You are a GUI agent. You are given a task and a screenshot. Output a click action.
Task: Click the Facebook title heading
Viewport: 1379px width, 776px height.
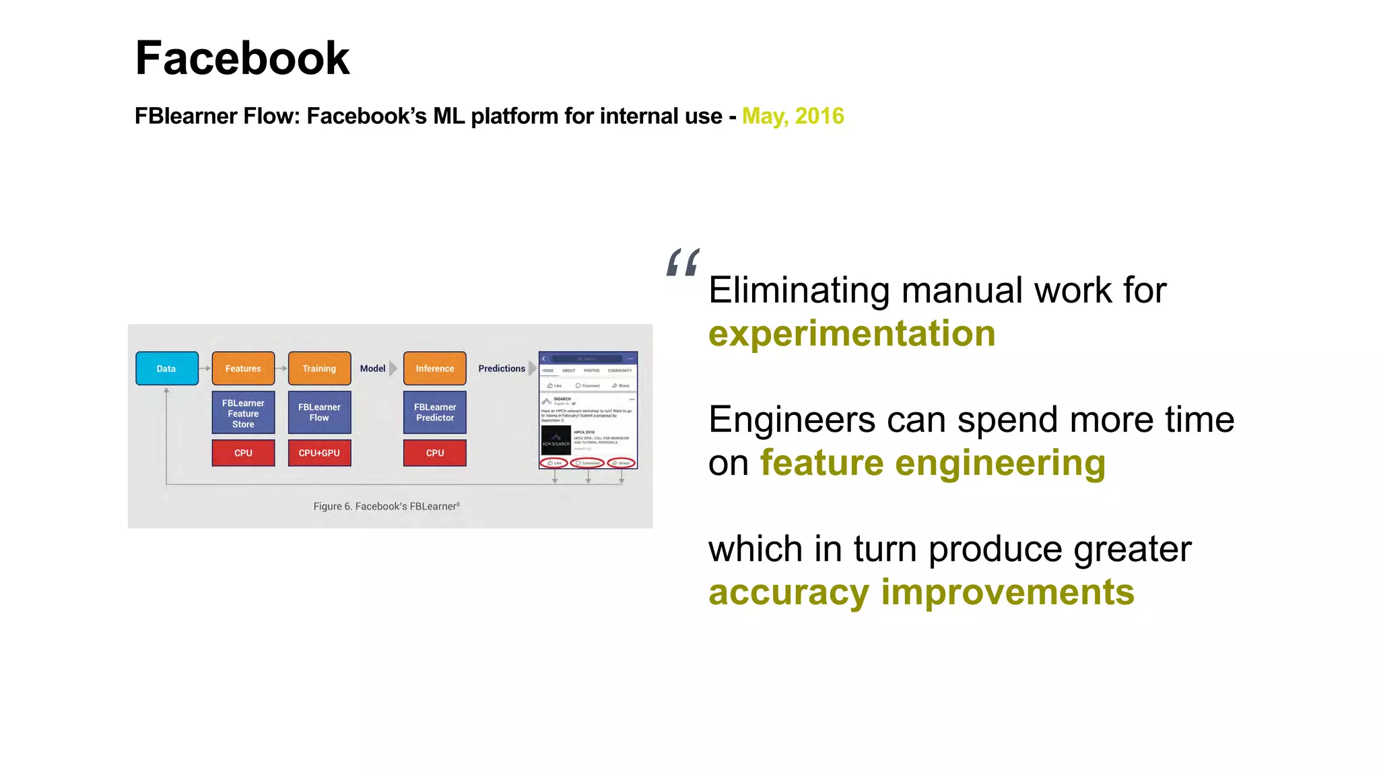tap(242, 58)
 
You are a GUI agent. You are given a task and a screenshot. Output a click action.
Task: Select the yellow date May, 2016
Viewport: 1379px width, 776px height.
tap(793, 116)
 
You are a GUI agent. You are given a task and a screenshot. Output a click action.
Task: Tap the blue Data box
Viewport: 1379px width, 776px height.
tap(166, 368)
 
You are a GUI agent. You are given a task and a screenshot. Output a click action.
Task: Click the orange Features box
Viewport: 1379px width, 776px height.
tap(243, 368)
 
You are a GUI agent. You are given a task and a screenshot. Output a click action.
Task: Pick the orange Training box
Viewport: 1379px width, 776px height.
tap(319, 368)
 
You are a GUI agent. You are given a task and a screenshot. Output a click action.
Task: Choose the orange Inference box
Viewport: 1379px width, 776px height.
tap(434, 368)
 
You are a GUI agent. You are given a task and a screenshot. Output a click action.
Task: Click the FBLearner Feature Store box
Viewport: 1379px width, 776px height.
tap(243, 413)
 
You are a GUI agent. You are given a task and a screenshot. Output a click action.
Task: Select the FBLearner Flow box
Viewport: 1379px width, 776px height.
tap(319, 412)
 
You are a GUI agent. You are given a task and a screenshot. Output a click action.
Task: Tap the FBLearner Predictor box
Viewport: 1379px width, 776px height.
tap(434, 412)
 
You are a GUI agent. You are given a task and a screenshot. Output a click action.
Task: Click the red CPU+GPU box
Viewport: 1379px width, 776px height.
tap(319, 453)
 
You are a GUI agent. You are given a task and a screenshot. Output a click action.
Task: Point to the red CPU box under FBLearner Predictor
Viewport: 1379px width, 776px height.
tap(434, 453)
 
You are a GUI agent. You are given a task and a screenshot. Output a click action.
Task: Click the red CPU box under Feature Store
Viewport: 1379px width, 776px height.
tap(243, 453)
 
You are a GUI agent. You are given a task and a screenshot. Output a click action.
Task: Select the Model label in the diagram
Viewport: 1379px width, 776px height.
tap(372, 368)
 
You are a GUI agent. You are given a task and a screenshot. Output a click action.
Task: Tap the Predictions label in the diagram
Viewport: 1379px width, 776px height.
tap(502, 368)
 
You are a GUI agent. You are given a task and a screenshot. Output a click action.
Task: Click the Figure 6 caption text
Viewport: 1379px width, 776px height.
tap(386, 507)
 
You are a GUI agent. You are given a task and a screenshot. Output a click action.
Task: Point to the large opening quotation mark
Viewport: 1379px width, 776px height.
tap(683, 263)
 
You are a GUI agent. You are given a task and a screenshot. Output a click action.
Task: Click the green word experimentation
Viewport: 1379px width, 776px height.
tap(852, 333)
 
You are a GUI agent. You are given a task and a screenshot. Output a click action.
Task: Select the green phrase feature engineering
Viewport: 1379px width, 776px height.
tap(933, 463)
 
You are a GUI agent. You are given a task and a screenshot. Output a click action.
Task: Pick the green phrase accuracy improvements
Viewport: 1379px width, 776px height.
tap(921, 592)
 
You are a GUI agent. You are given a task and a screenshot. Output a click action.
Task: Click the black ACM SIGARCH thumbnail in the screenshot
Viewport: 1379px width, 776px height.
tap(556, 441)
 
